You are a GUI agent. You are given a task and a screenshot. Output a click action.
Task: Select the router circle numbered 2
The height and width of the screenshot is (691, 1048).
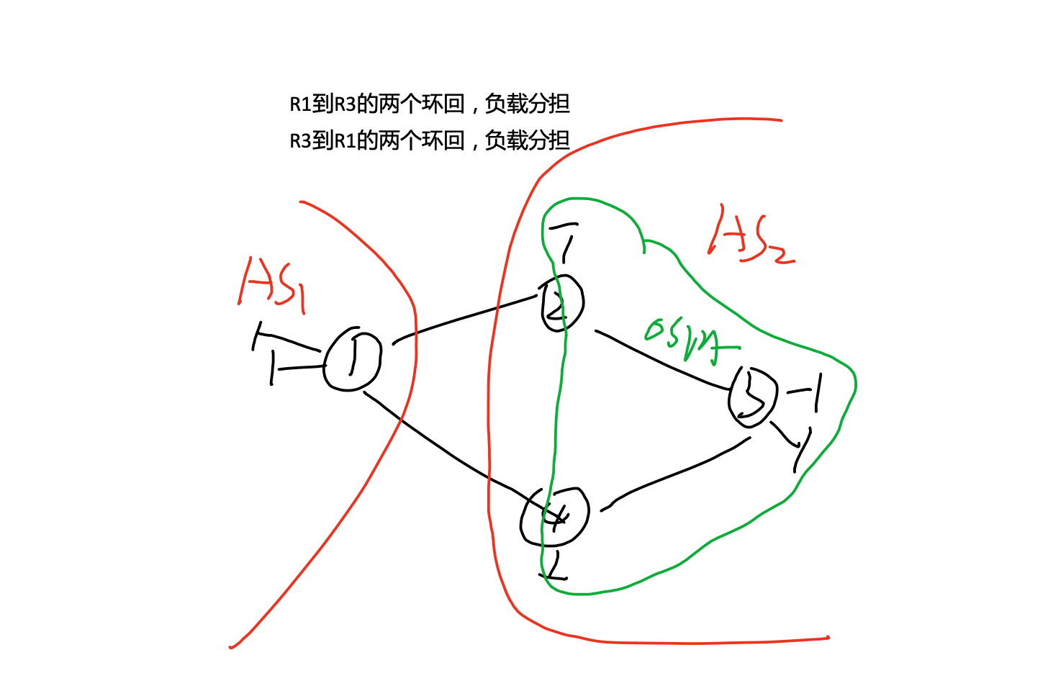pyautogui.click(x=562, y=303)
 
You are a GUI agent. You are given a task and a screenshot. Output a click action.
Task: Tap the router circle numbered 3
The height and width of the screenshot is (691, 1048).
pyautogui.click(x=753, y=397)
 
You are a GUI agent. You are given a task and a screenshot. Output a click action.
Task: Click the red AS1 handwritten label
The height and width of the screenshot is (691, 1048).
pyautogui.click(x=273, y=285)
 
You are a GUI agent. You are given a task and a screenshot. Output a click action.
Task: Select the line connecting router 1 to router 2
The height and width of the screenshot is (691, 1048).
pyautogui.click(x=468, y=317)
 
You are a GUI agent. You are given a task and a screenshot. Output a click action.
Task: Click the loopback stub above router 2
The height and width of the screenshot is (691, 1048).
pyautogui.click(x=565, y=241)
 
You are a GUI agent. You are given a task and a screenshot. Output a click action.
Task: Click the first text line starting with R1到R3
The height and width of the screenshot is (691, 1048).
pyautogui.click(x=430, y=104)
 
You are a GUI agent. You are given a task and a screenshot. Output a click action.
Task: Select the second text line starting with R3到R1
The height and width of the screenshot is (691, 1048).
pyautogui.click(x=430, y=140)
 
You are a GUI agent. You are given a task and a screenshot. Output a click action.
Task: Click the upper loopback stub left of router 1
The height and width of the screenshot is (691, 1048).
pyautogui.click(x=284, y=338)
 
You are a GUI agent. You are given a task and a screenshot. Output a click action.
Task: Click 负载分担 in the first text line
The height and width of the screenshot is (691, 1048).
pyautogui.click(x=528, y=104)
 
